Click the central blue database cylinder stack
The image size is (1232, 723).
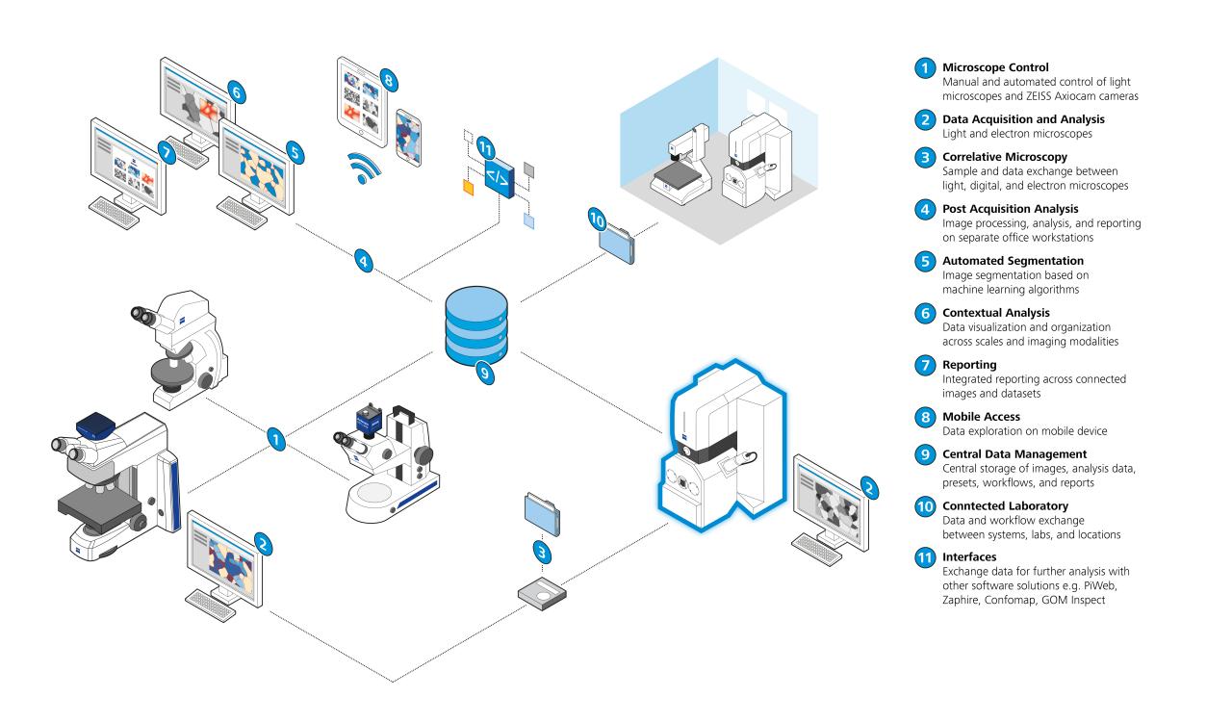coord(475,327)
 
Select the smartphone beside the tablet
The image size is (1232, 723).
coord(408,135)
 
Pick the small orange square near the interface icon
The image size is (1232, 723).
coord(469,186)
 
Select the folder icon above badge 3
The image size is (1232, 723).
coord(541,511)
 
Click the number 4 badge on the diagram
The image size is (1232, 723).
coord(363,259)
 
